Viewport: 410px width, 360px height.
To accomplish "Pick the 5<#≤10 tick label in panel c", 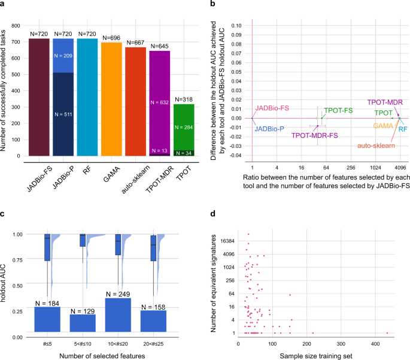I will tap(83, 343).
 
